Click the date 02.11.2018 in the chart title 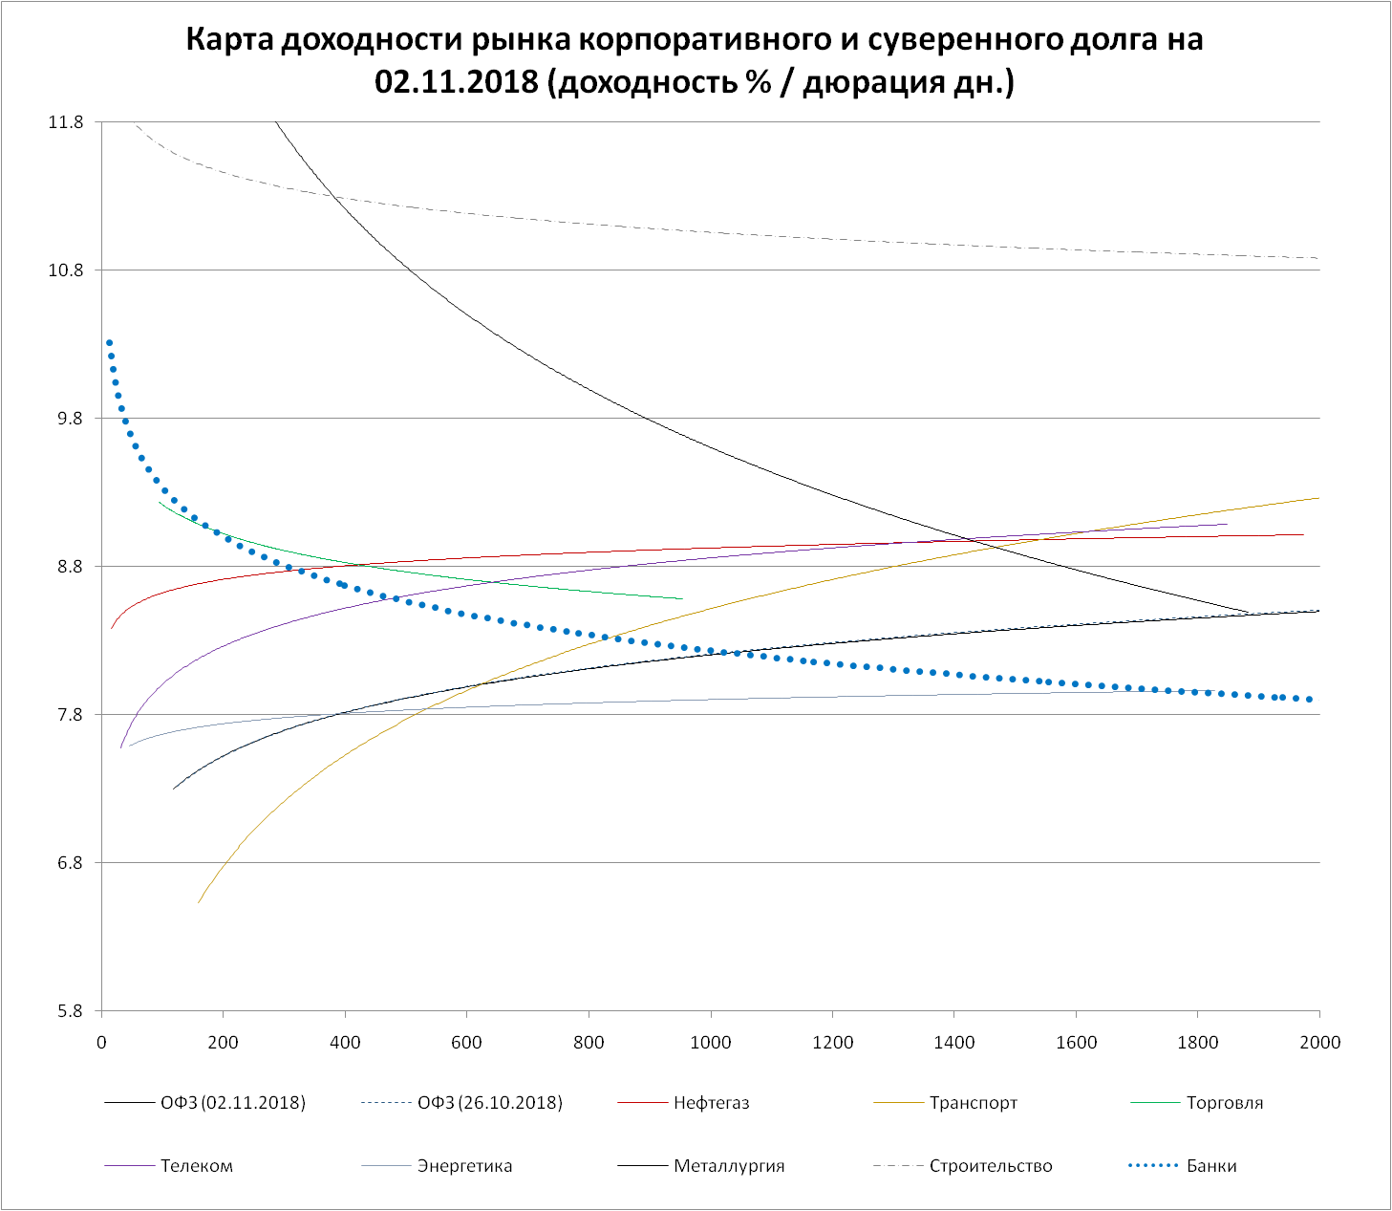click(x=457, y=82)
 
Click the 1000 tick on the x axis click(x=711, y=1042)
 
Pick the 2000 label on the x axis click(x=1319, y=1042)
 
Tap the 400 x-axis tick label click(x=345, y=1042)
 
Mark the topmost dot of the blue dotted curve click(x=109, y=343)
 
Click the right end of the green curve click(x=682, y=599)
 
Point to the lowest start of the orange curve click(x=199, y=901)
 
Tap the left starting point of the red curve click(x=112, y=628)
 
